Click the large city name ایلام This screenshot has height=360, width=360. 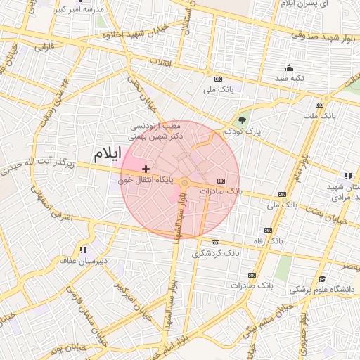pos(107,153)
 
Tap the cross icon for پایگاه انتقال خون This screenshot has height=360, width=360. pos(146,169)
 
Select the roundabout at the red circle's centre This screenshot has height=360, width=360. pos(184,183)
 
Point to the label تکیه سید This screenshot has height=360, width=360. pos(289,78)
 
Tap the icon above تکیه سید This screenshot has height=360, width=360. pos(289,68)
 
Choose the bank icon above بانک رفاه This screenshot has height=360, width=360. pos(267,230)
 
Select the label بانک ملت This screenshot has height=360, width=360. pos(319,115)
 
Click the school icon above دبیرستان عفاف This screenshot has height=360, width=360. pos(84,250)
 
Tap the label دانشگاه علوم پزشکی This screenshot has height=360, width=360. pos(324,288)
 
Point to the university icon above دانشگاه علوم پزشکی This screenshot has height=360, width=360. pos(321,278)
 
